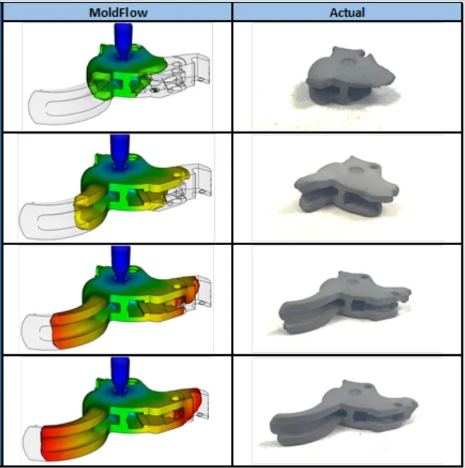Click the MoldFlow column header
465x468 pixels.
click(118, 12)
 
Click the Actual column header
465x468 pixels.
click(347, 12)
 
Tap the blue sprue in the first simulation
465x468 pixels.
click(123, 41)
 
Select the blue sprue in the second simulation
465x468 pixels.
click(120, 152)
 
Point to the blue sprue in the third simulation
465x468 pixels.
click(121, 263)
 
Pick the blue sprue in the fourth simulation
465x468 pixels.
click(120, 375)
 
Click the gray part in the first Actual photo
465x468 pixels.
click(350, 75)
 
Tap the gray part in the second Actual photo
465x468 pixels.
click(346, 185)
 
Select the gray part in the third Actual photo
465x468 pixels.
click(345, 301)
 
